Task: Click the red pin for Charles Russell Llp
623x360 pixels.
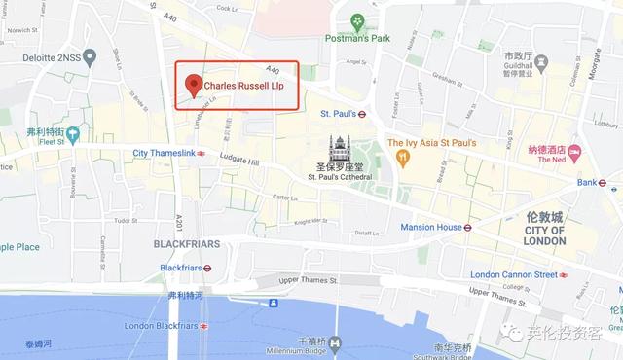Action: [x=193, y=86]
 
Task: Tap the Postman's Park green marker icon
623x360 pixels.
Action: [x=359, y=21]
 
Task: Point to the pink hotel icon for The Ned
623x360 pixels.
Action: [x=574, y=151]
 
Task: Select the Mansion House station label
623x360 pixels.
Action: [x=431, y=228]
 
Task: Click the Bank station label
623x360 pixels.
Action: [x=587, y=182]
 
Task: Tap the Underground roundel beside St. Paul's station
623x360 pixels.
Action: [x=361, y=113]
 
